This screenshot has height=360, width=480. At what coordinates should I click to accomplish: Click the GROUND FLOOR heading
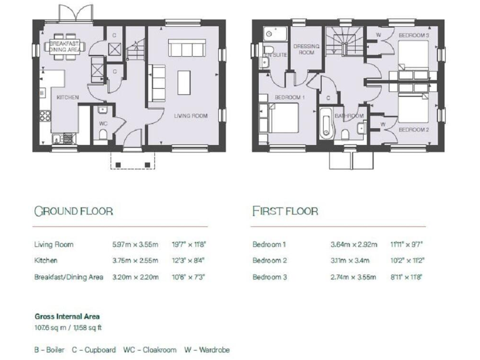pyautogui.click(x=73, y=211)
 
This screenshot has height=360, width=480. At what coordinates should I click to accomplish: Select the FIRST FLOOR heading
pyautogui.click(x=285, y=211)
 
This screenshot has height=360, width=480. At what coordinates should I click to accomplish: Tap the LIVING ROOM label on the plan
pyautogui.click(x=191, y=116)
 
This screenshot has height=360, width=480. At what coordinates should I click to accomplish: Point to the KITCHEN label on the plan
pyautogui.click(x=67, y=98)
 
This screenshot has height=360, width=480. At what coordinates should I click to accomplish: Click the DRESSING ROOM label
pyautogui.click(x=306, y=49)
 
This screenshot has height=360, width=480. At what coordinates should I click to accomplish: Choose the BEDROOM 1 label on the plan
pyautogui.click(x=290, y=97)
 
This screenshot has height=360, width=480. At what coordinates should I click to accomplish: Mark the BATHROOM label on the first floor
pyautogui.click(x=349, y=116)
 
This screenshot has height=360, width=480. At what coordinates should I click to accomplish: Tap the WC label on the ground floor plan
pyautogui.click(x=104, y=123)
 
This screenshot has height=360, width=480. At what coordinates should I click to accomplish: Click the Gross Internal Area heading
pyautogui.click(x=67, y=317)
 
